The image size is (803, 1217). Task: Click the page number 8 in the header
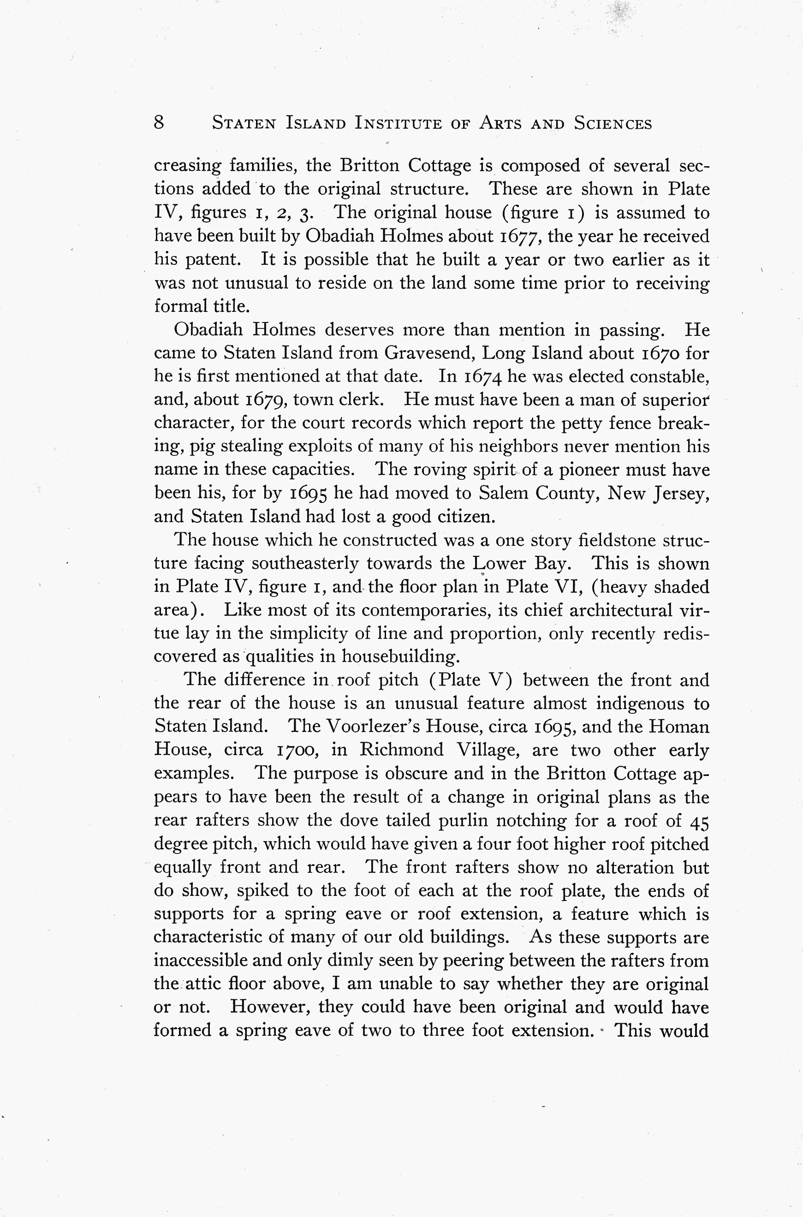tap(159, 122)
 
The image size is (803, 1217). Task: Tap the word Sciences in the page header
tap(613, 124)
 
